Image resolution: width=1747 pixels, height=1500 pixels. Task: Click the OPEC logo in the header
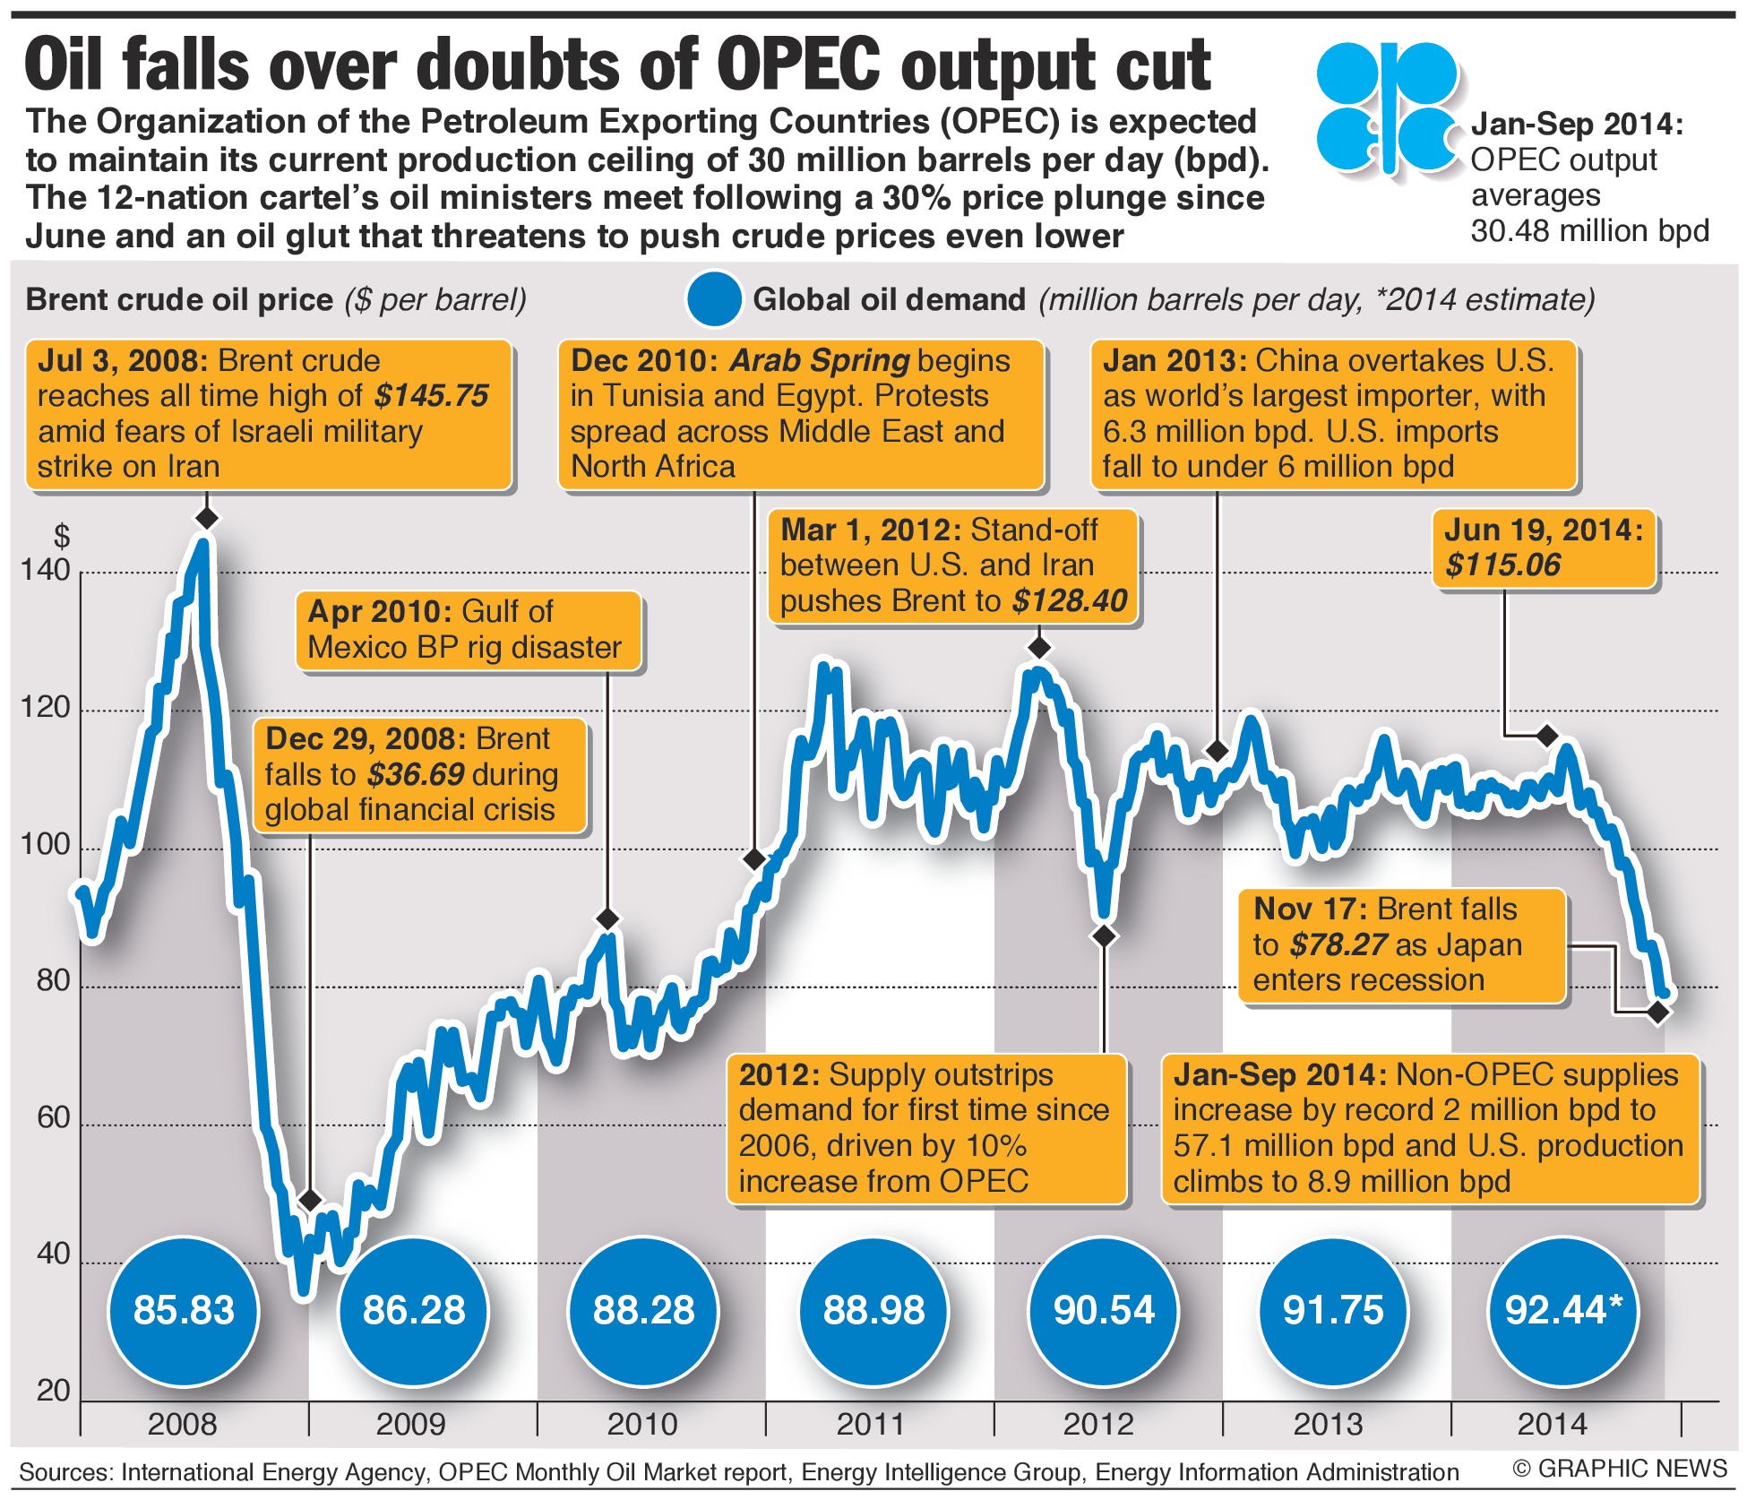click(1387, 108)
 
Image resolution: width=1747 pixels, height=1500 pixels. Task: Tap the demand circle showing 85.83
click(184, 1310)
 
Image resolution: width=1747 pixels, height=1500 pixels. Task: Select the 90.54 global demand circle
click(1104, 1310)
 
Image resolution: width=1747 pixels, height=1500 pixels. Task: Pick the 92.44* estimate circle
click(1562, 1310)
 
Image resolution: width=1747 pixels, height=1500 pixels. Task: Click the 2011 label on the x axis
click(871, 1424)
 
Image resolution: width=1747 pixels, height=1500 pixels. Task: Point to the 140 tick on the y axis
click(45, 570)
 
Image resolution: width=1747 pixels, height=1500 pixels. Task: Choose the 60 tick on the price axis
click(53, 1117)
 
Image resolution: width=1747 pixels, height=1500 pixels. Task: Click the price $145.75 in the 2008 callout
click(432, 396)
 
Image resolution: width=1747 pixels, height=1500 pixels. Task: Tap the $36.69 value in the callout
click(416, 774)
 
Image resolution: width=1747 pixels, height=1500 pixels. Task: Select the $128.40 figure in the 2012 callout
click(1070, 600)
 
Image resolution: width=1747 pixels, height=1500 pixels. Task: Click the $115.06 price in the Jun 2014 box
click(1502, 565)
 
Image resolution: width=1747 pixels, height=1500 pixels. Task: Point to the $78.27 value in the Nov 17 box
click(1338, 944)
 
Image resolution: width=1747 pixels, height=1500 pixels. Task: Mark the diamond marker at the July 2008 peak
click(207, 518)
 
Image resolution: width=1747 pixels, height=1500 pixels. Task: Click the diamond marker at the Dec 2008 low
click(310, 1200)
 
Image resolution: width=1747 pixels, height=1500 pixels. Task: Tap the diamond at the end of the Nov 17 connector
click(1658, 1013)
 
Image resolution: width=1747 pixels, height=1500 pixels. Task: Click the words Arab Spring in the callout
click(820, 360)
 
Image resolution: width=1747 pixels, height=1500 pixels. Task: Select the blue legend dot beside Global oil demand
click(714, 299)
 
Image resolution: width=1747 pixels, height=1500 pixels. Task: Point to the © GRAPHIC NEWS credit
click(1620, 1469)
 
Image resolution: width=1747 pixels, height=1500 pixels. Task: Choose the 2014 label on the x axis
click(1552, 1424)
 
